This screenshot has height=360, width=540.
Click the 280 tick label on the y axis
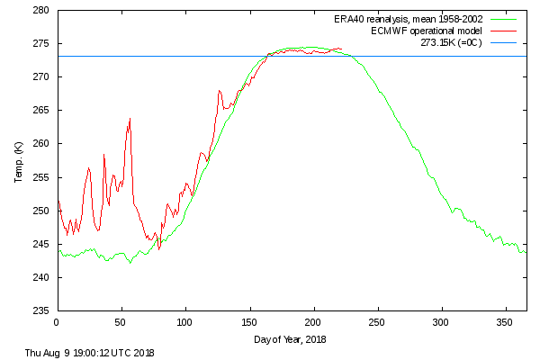pyautogui.click(x=41, y=11)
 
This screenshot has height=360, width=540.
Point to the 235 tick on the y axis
pyautogui.click(x=41, y=310)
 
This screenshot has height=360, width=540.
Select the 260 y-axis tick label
pyautogui.click(x=41, y=144)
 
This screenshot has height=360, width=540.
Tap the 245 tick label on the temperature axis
pyautogui.click(x=41, y=244)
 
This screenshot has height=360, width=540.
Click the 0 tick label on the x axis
pyautogui.click(x=57, y=321)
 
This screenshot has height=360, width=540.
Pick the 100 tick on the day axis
pyautogui.click(x=185, y=321)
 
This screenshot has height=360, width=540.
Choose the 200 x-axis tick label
pyautogui.click(x=313, y=321)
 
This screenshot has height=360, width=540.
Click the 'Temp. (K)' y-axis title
pyautogui.click(x=19, y=161)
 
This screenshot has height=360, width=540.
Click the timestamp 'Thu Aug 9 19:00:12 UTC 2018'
pyautogui.click(x=90, y=352)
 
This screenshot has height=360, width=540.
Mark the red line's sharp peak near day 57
pyautogui.click(x=130, y=118)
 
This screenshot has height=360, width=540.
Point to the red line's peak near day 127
pyautogui.click(x=219, y=90)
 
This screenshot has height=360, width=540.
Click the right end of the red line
pyautogui.click(x=342, y=49)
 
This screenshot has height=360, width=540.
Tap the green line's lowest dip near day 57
pyautogui.click(x=130, y=263)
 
